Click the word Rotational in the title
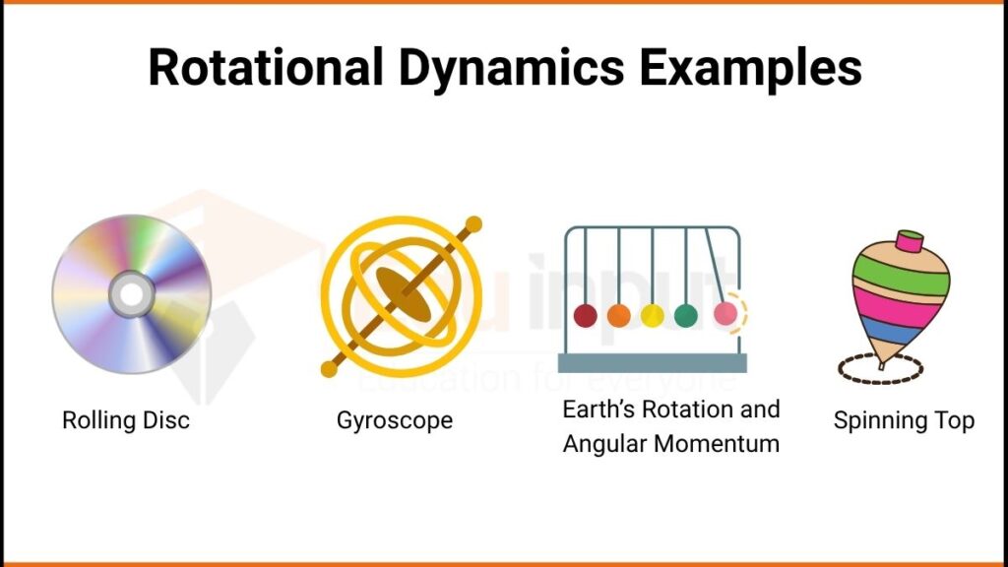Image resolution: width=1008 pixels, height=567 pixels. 260,69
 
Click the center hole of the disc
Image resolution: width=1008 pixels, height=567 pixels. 131,293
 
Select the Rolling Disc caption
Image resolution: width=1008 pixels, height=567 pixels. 125,421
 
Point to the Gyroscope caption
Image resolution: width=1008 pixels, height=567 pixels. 395,421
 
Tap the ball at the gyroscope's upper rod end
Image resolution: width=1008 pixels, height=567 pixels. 473,223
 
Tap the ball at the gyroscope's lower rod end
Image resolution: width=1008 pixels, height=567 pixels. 329,369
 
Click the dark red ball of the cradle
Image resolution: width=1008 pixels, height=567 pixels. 585,316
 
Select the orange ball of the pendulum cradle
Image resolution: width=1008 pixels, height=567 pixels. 618,316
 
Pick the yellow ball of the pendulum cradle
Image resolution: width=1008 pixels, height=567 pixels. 652,316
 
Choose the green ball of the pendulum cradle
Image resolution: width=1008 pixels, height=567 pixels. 685,316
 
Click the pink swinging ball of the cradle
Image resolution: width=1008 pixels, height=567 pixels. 724,314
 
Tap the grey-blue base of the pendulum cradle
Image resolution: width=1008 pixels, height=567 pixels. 652,363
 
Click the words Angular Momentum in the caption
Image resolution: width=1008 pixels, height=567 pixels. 670,444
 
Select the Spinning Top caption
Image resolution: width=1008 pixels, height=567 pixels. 904,421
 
